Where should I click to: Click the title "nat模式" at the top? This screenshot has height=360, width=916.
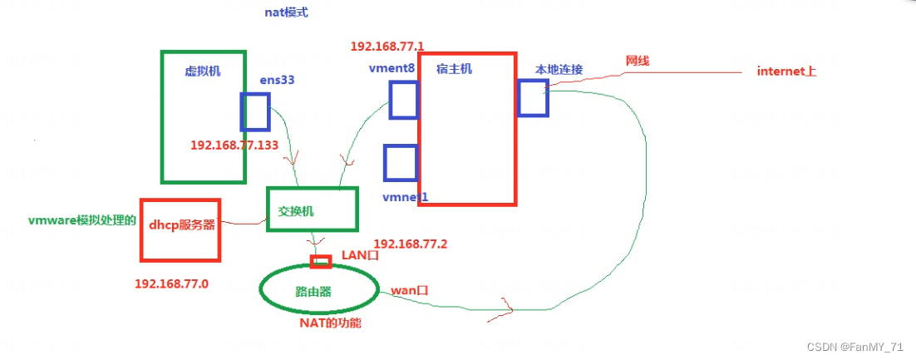coord(286,13)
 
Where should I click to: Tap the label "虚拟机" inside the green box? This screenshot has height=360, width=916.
coord(203,72)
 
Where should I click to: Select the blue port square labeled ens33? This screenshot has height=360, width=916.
coord(255,111)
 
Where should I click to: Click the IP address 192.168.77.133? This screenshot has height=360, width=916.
coord(234,145)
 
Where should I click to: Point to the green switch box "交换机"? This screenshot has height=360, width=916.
coord(312,209)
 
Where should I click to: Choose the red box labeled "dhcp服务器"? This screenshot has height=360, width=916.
coord(180,229)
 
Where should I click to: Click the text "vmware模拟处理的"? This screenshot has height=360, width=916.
coord(81,220)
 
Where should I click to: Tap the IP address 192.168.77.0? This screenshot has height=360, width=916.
coord(171,284)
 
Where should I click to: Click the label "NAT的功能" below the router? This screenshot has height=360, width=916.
coord(330,323)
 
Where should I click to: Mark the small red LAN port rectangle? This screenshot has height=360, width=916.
coord(321,262)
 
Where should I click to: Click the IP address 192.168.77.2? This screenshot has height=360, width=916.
coord(411,244)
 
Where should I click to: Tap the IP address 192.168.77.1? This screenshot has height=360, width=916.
coord(387,46)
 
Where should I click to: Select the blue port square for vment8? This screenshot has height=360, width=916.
coord(403,100)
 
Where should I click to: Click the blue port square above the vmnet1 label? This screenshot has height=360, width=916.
coord(400,162)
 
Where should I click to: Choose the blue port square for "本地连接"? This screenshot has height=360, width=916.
coord(532,97)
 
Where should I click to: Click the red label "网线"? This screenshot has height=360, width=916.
coord(638,62)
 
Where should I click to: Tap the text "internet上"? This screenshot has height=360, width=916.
coord(786,72)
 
